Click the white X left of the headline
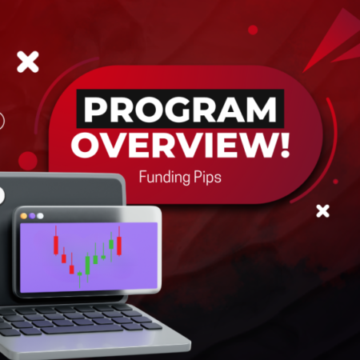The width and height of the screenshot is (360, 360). [27, 61]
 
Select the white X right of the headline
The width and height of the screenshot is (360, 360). [322, 211]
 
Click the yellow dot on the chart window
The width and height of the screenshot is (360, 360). [23, 215]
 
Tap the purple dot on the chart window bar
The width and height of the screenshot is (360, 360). [32, 215]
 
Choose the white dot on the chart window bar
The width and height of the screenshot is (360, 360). [40, 215]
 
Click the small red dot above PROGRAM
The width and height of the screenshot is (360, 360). [253, 30]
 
